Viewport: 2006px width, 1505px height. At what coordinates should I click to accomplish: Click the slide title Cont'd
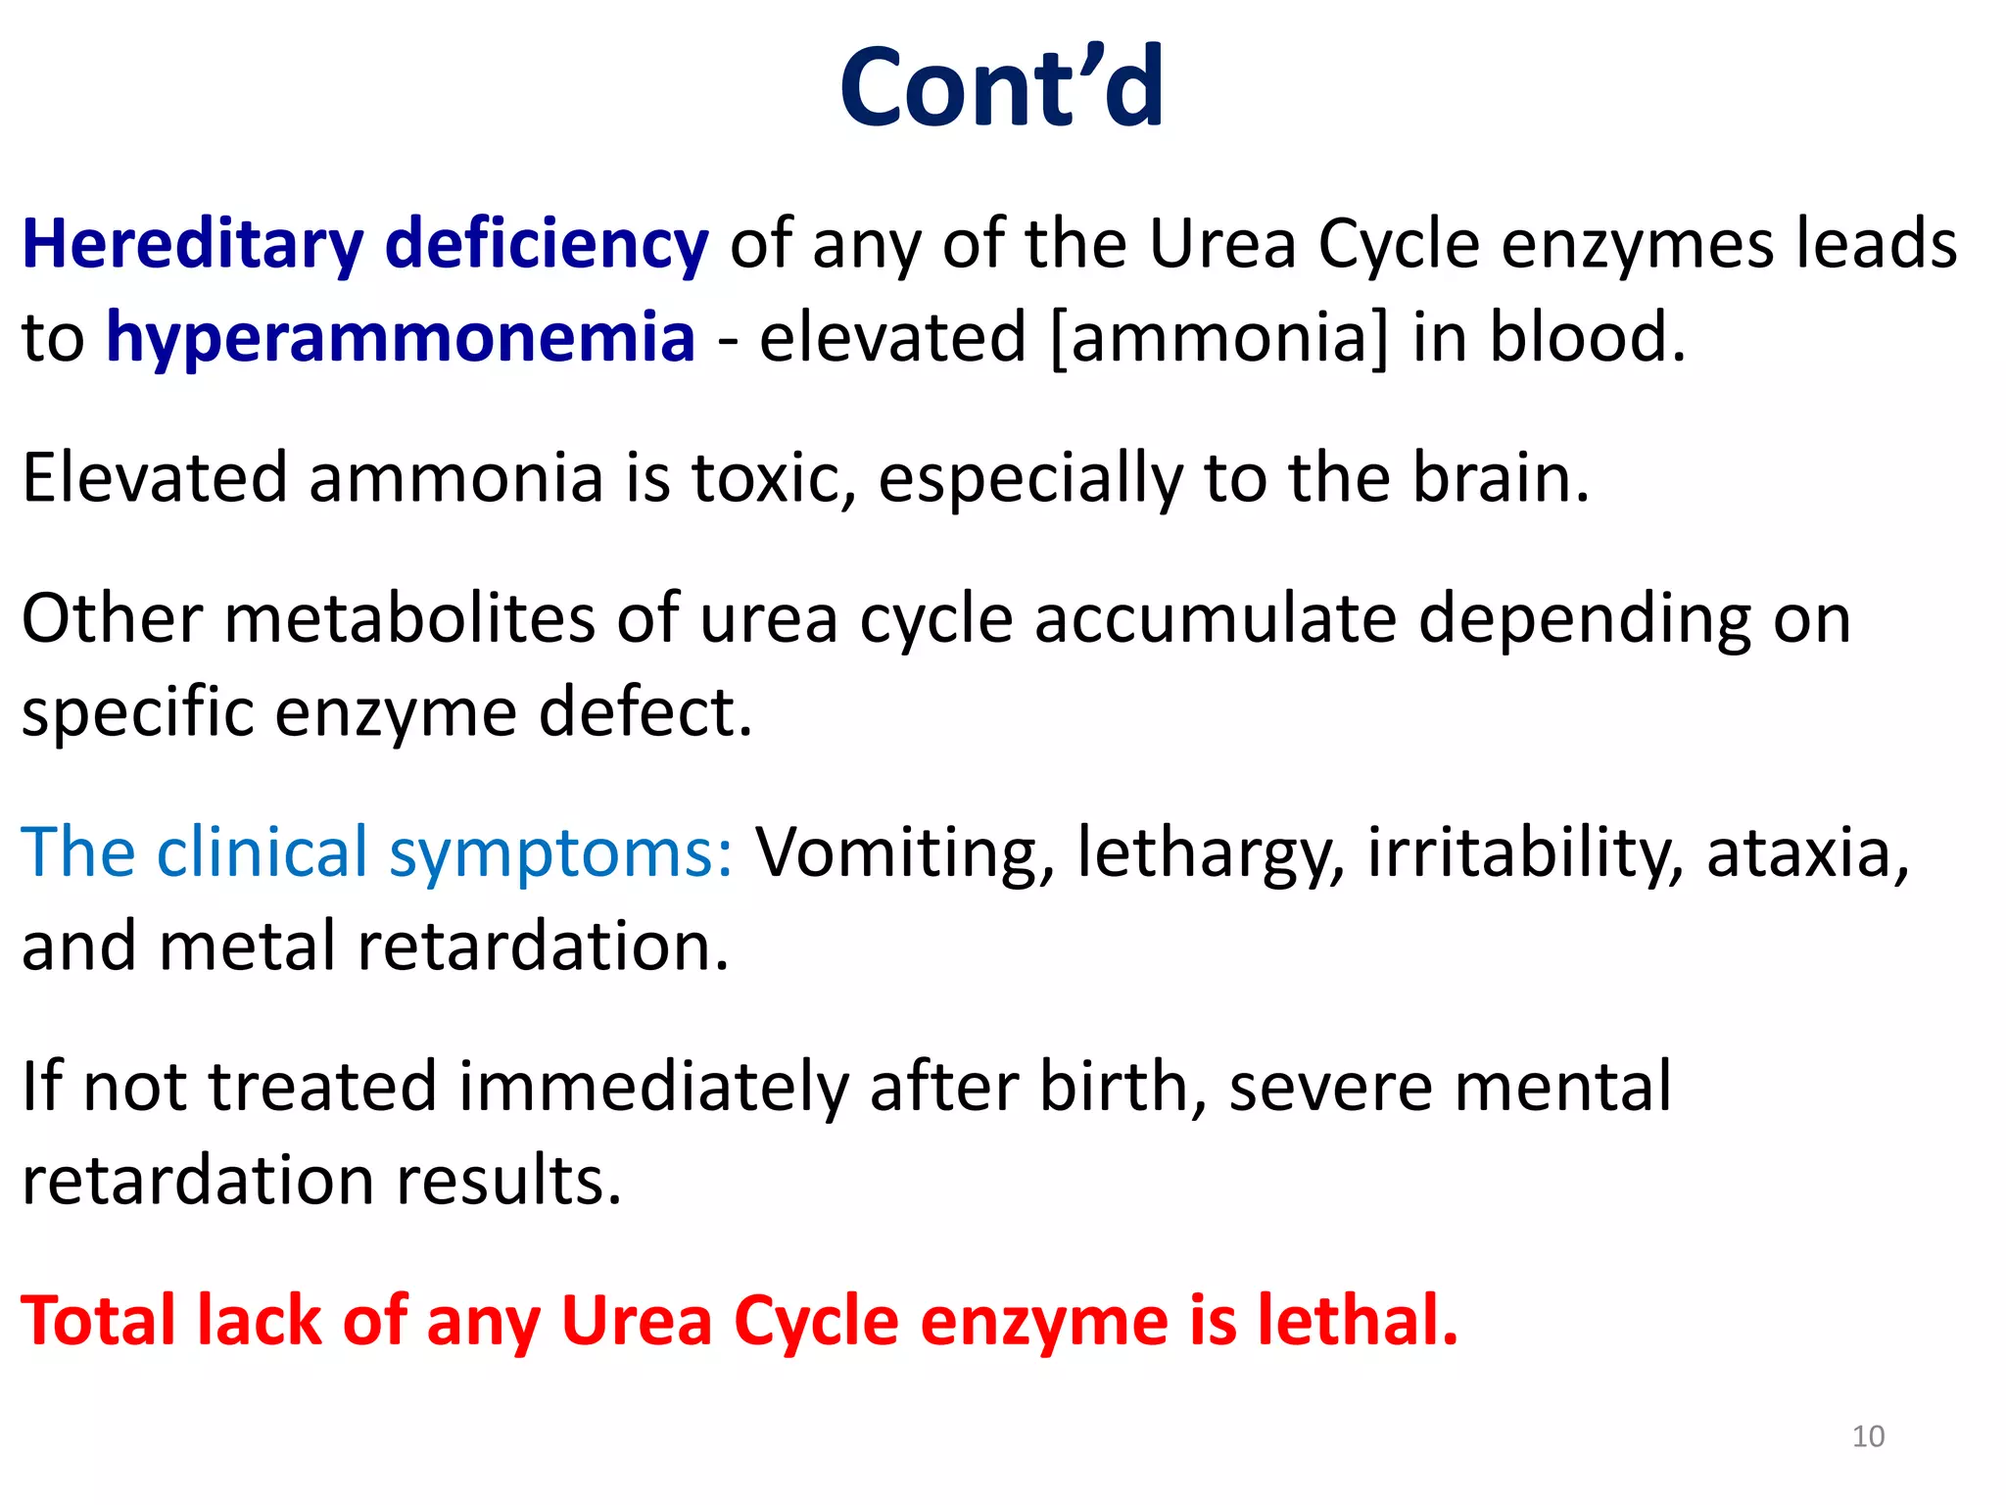pos(1001,88)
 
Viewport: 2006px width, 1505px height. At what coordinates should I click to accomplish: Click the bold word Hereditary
pos(192,245)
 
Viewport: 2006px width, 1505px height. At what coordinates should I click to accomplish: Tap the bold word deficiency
pos(547,245)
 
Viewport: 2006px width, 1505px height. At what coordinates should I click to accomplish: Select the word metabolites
pos(409,619)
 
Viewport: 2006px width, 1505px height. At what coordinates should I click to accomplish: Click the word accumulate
pos(1215,619)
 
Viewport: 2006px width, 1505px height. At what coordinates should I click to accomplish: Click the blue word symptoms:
pos(560,853)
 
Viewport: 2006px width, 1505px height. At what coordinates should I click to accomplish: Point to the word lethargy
pos(1211,853)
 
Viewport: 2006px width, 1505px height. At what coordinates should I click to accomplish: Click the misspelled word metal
pos(247,947)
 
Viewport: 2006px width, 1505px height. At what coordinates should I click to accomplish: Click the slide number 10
pos(1868,1436)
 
